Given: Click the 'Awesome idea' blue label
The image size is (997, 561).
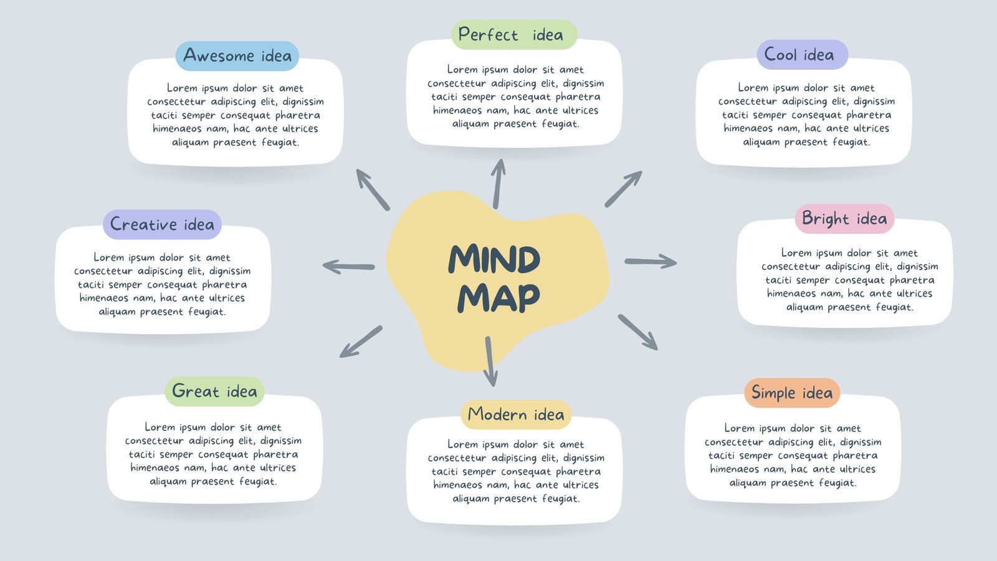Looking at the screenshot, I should (x=237, y=56).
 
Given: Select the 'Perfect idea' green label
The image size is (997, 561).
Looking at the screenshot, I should (x=513, y=35).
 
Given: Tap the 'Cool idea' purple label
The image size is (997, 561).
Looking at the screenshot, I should (x=802, y=55).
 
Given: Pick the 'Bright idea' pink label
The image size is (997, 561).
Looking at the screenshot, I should (x=844, y=219).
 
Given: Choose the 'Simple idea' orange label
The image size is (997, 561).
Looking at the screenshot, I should (x=792, y=393).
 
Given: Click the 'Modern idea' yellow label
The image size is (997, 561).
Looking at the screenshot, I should (x=516, y=415).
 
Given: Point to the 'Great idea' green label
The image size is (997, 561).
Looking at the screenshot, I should (x=214, y=391).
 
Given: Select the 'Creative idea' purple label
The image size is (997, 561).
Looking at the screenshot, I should (x=162, y=224).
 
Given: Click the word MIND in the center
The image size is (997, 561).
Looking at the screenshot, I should (x=494, y=259).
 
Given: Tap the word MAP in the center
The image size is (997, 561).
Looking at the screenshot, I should (x=499, y=298).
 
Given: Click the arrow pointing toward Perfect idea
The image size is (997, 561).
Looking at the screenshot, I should (x=498, y=183).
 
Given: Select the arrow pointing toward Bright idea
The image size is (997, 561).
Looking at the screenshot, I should (x=651, y=261).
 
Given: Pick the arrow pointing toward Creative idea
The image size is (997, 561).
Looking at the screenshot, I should (x=349, y=267).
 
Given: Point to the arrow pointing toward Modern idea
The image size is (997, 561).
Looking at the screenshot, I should (x=490, y=362).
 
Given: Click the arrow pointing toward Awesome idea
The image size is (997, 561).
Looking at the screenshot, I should (x=373, y=189).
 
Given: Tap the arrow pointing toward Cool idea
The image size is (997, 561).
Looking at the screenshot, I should (x=623, y=188).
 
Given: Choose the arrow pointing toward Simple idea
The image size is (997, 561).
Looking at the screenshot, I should (x=637, y=332).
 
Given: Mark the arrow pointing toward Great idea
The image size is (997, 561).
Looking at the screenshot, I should (x=361, y=342).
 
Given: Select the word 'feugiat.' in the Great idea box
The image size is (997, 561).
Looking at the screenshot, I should (x=257, y=481).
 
